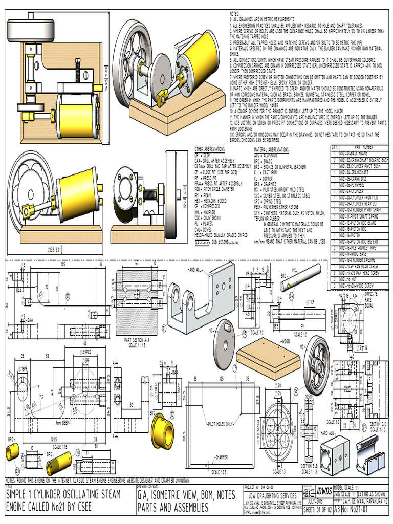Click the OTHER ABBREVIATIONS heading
pyautogui.click(x=209, y=148)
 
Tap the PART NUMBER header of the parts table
pyautogui.click(x=361, y=147)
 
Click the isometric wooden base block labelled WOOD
pyautogui.click(x=264, y=357)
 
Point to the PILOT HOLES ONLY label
pyautogui.click(x=220, y=424)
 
